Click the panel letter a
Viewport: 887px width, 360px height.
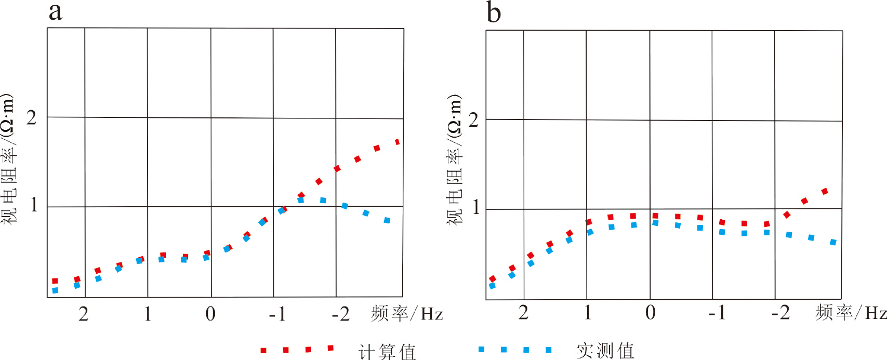point(56,11)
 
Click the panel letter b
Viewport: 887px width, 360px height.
point(494,12)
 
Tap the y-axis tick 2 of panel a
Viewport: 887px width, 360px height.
point(32,118)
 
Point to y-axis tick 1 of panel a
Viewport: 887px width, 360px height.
point(34,205)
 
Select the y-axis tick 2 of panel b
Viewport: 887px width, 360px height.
point(473,120)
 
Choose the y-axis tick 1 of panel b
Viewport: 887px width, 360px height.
point(475,208)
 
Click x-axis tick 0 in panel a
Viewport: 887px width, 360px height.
point(210,314)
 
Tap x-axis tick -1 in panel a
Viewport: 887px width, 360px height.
point(277,314)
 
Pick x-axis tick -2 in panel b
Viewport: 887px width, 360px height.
point(780,312)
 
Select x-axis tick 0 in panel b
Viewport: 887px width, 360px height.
point(650,312)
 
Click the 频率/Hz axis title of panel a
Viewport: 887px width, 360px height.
point(407,314)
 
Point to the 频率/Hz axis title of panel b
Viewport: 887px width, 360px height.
point(851,312)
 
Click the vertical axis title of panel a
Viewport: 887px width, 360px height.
point(9,158)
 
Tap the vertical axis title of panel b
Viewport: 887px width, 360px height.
point(454,160)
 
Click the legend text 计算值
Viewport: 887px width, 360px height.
point(388,352)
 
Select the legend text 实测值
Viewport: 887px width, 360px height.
point(605,351)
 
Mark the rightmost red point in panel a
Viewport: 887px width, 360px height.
point(398,142)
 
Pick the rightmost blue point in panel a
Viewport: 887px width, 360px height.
point(387,220)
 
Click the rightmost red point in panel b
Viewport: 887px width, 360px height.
point(825,192)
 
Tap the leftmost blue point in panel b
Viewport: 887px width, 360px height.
point(493,286)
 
